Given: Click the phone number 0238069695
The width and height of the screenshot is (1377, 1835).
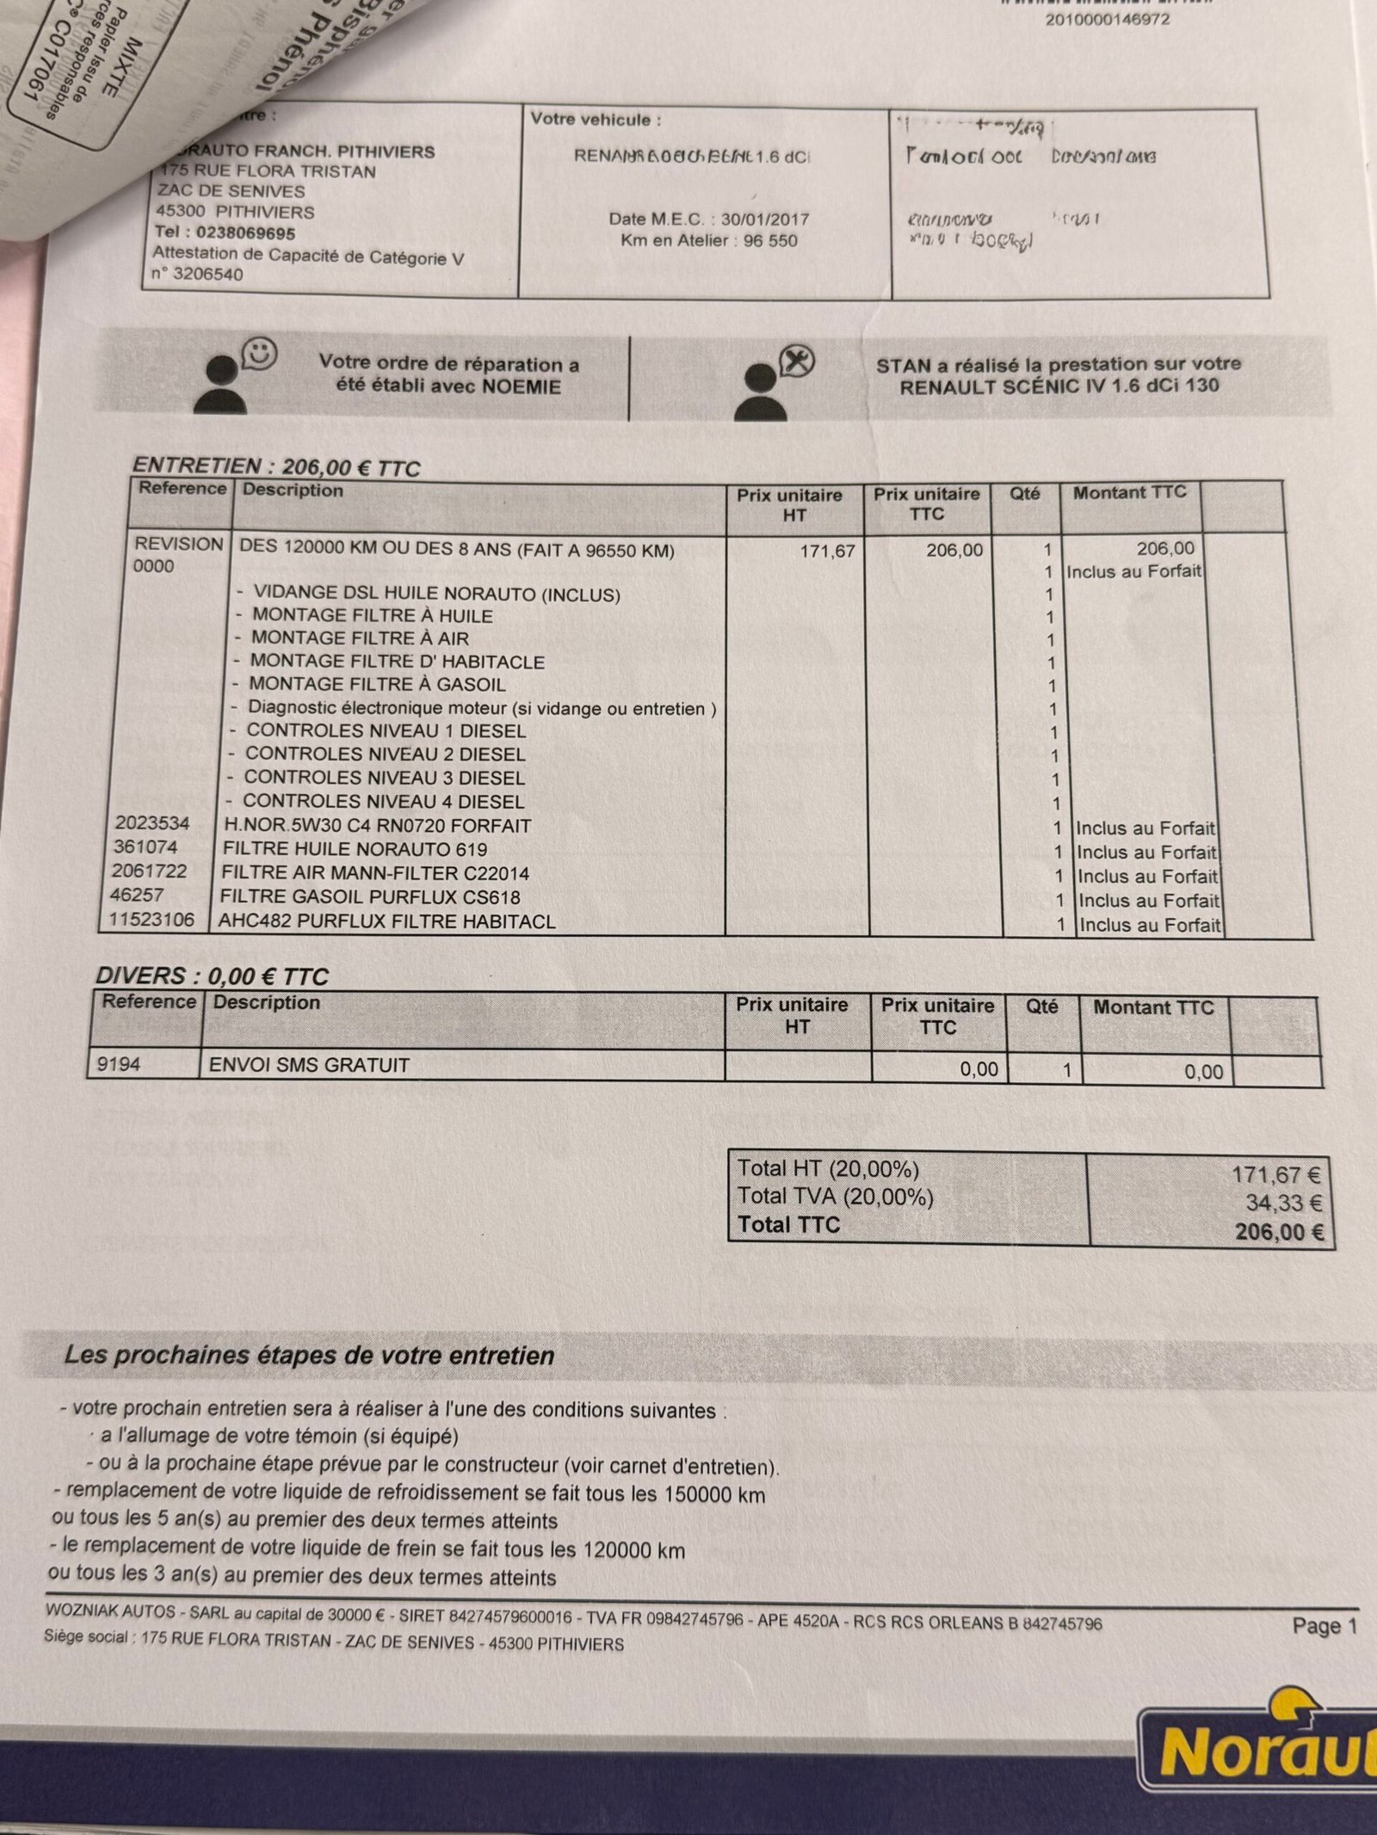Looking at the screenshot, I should (245, 233).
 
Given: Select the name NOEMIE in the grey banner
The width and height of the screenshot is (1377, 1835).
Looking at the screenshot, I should (521, 386).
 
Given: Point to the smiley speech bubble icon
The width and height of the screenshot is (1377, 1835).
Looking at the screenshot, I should (259, 352).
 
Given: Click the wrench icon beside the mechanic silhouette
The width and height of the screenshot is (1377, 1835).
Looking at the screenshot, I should (796, 361).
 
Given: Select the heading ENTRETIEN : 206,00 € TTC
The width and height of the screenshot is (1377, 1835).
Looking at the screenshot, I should (275, 467).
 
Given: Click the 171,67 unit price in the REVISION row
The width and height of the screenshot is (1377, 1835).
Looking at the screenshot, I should (827, 551).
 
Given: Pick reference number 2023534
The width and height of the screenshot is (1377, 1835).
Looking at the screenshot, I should (152, 823).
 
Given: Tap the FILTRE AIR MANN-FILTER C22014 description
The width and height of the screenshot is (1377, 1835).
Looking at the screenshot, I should (374, 873).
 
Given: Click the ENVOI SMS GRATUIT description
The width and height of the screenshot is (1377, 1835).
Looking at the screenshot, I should (309, 1065).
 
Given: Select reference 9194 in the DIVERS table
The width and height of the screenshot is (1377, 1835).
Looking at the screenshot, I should (118, 1065).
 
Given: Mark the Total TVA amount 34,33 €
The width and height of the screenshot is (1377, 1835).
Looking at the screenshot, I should (1283, 1203).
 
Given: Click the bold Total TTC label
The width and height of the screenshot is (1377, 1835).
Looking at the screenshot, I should (788, 1225).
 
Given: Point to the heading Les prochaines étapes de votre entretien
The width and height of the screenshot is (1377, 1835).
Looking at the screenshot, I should (310, 1356).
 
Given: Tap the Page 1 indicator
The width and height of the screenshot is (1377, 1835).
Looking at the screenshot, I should (1324, 1626).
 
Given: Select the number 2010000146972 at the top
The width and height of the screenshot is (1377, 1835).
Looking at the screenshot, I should (1107, 19).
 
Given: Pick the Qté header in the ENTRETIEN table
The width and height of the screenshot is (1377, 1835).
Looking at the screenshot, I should (1024, 494).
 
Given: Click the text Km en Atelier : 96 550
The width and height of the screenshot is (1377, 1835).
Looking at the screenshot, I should (709, 241).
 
